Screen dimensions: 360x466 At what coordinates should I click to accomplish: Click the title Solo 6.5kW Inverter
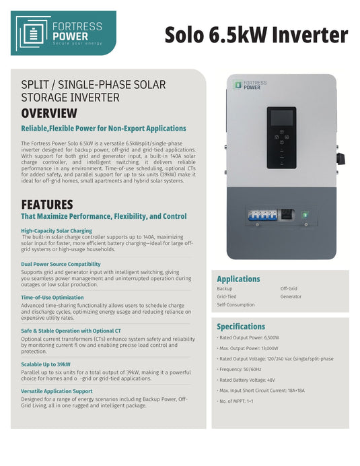tap(256, 35)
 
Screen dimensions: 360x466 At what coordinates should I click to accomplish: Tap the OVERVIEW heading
tap(49, 113)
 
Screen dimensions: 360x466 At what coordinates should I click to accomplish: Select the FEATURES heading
tap(46, 204)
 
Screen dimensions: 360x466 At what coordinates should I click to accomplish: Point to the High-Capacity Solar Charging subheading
tap(57, 231)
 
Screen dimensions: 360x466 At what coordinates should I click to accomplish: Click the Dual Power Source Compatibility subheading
tap(61, 264)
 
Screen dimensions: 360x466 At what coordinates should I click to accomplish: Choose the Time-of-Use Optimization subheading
tap(52, 297)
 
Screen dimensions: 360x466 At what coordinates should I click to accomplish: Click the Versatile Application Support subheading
tap(57, 391)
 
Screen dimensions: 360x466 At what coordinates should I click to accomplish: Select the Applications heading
tap(238, 279)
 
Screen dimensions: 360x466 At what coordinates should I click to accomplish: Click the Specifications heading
tap(240, 327)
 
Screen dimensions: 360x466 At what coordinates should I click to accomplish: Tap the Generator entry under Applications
tap(291, 296)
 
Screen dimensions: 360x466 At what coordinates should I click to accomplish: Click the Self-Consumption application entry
tap(236, 304)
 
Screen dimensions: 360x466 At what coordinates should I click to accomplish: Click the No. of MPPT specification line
tap(239, 402)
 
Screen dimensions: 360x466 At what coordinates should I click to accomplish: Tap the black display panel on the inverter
tap(281, 137)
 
